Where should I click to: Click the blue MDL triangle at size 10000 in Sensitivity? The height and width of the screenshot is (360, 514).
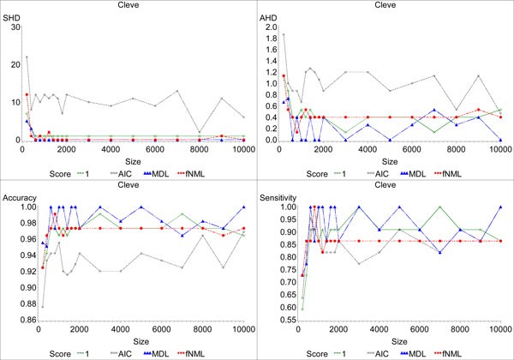click(x=500, y=207)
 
